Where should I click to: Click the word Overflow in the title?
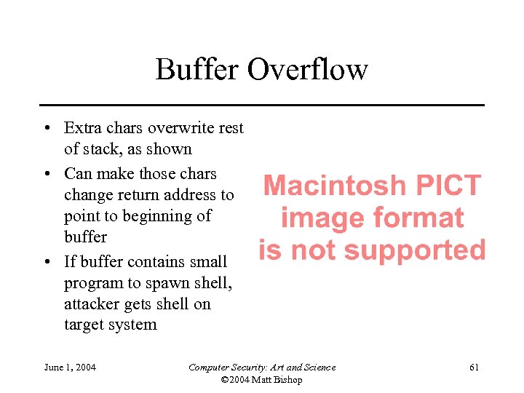tap(308, 70)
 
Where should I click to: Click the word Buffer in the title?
tap(197, 70)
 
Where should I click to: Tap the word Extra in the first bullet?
tap(82, 128)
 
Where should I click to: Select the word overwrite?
tap(181, 128)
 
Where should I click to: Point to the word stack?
tap(101, 149)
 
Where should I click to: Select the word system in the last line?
tap(133, 325)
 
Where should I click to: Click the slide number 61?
tap(474, 367)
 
